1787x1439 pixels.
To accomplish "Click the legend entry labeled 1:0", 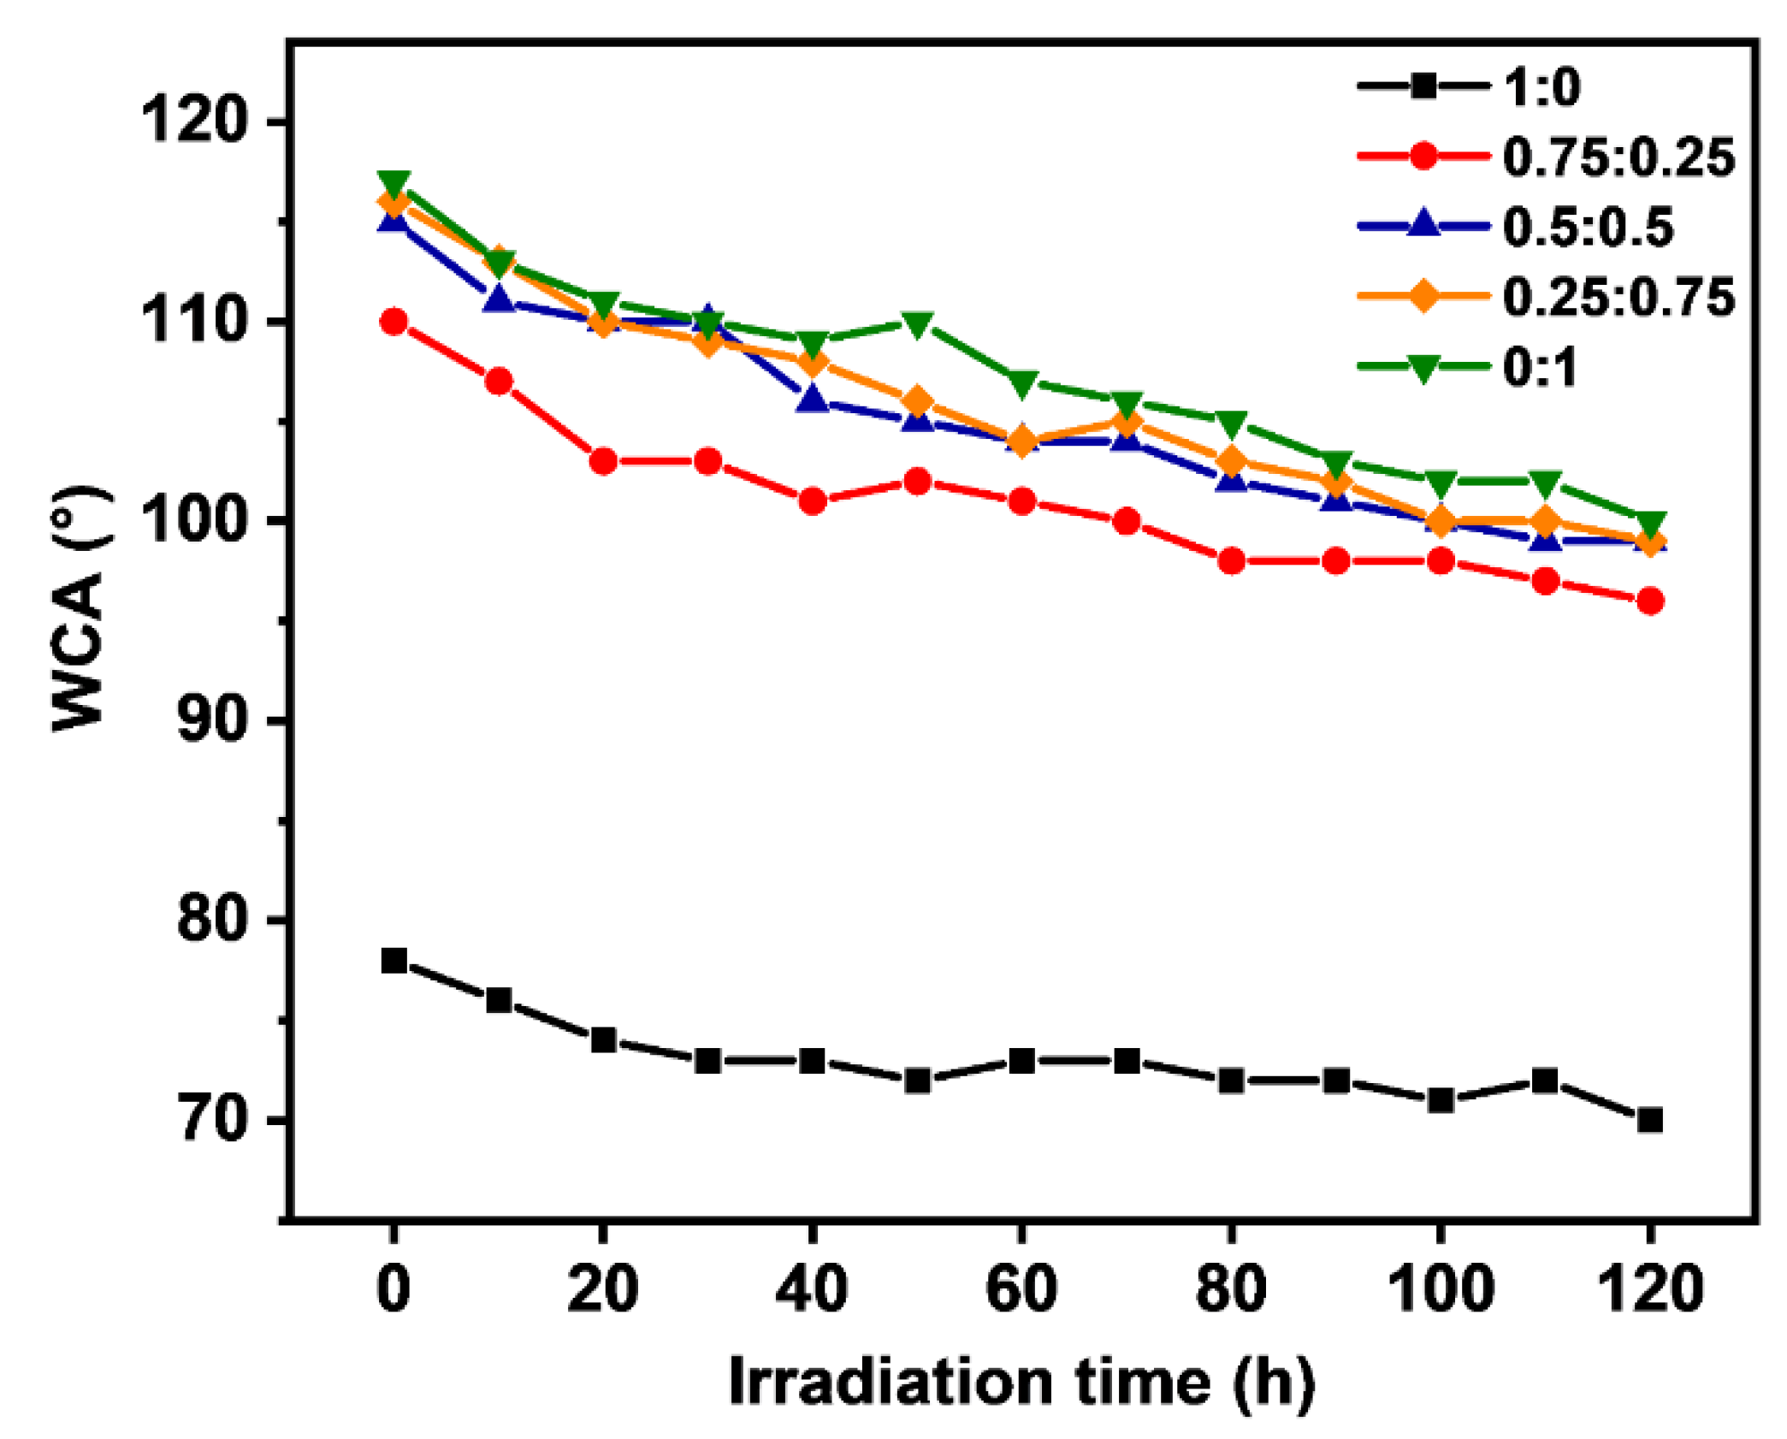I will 1541,87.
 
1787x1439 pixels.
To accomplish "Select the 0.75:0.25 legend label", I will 1618,157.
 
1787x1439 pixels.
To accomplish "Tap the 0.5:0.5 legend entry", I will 1587,228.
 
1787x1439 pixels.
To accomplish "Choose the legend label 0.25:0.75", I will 1618,298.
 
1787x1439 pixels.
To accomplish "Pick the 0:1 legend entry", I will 1539,368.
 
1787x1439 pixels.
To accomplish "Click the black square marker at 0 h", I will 393,961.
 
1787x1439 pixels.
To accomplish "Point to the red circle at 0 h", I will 393,323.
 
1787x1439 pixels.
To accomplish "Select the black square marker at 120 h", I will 1650,1120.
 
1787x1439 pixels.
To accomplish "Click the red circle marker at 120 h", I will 1650,601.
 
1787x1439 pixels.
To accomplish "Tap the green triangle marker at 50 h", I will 917,324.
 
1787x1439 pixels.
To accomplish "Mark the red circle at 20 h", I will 603,462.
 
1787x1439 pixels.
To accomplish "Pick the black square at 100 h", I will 1441,1100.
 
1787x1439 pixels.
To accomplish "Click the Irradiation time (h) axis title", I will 1021,1381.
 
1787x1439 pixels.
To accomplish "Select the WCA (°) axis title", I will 79,607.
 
